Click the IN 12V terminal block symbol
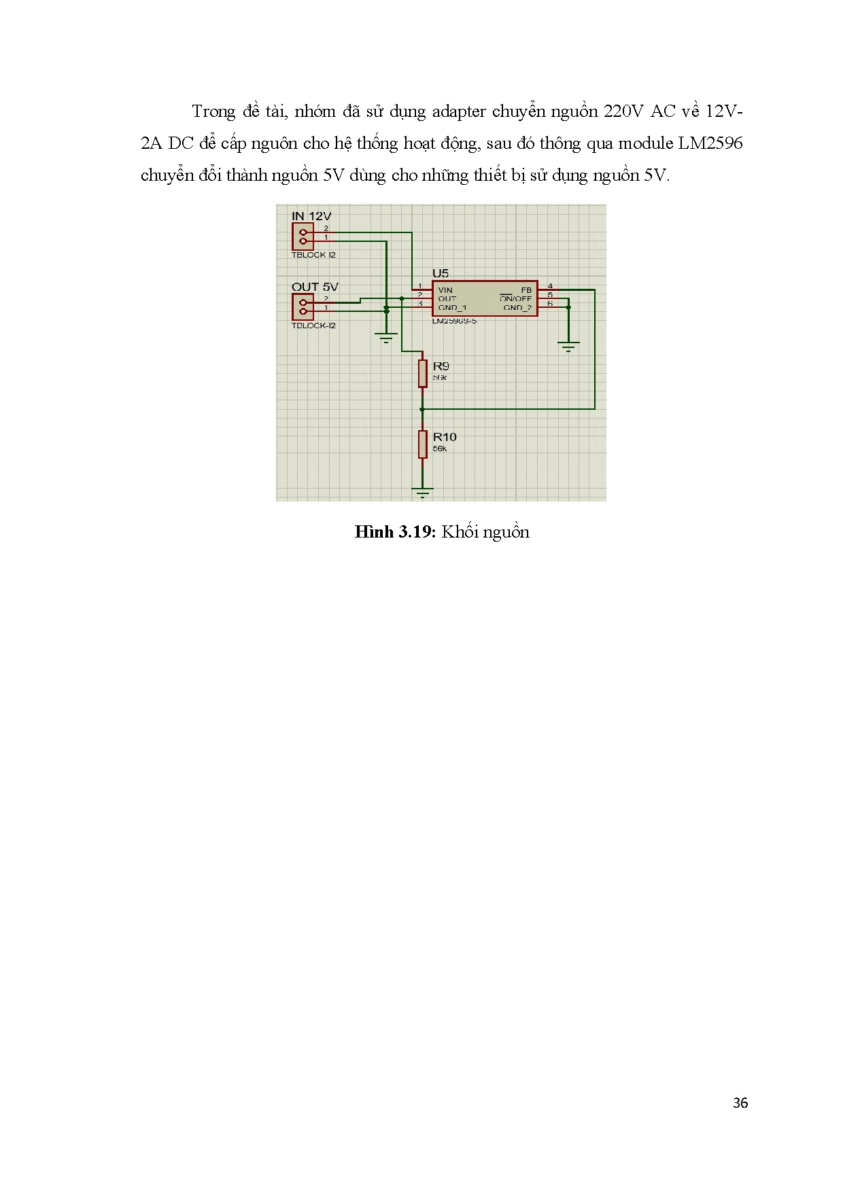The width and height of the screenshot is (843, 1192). point(303,236)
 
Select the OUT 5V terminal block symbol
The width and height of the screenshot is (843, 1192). point(303,307)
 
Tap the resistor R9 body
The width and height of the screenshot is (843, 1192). point(423,373)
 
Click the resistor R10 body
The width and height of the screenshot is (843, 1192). point(423,444)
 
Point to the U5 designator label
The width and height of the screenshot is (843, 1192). point(441,273)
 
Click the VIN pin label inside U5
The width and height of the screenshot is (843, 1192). point(445,290)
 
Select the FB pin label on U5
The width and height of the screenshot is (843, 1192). point(526,290)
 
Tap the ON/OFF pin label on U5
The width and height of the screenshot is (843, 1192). point(516,299)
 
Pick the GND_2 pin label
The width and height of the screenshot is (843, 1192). point(517,308)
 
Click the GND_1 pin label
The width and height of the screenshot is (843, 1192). point(452,308)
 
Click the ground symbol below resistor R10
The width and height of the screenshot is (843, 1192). point(423,491)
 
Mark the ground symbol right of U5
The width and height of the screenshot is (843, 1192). point(568,347)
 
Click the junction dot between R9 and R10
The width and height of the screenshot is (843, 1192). point(423,409)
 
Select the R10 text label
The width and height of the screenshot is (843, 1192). point(445,437)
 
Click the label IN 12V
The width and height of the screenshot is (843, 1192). point(311,216)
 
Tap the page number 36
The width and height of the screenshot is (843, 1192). point(740,1103)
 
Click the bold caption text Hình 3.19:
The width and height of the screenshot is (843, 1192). point(394,532)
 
